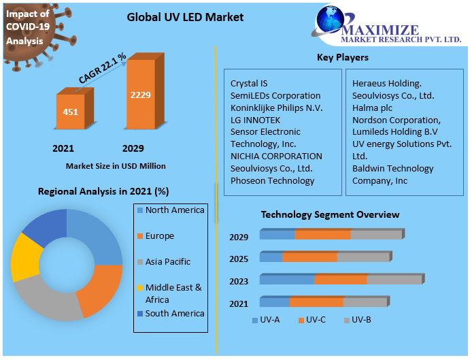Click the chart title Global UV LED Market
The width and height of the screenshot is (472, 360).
pyautogui.click(x=185, y=16)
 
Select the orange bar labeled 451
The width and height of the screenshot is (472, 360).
pyautogui.click(x=71, y=112)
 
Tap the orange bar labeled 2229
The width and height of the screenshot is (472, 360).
pyautogui.click(x=141, y=95)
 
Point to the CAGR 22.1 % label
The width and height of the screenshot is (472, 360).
pyautogui.click(x=103, y=69)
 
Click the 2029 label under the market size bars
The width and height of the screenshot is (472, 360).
pyautogui.click(x=133, y=148)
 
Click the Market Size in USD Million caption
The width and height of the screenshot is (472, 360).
pyautogui.click(x=116, y=166)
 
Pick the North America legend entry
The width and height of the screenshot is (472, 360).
pyautogui.click(x=174, y=210)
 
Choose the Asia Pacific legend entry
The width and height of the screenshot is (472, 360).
pyautogui.click(x=167, y=262)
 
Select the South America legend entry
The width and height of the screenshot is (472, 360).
pyautogui.click(x=174, y=314)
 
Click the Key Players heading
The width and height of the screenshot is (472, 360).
pyautogui.click(x=343, y=58)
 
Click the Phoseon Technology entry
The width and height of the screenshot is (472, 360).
pyautogui.click(x=272, y=181)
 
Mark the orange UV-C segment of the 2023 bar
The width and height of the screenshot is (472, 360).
pyautogui.click(x=340, y=280)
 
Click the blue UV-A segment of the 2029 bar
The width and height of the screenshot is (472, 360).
pyautogui.click(x=277, y=235)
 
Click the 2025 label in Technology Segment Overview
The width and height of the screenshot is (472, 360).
pyautogui.click(x=239, y=259)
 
